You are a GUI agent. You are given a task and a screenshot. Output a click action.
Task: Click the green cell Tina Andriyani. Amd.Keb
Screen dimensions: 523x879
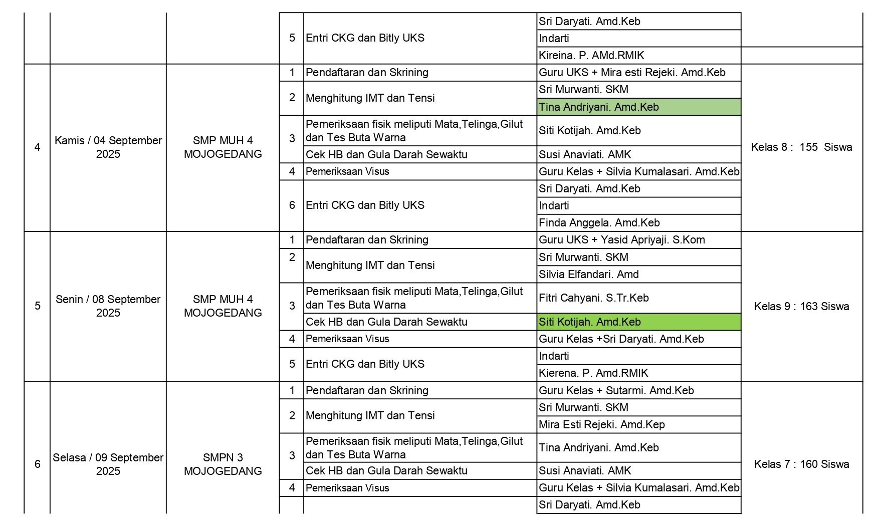tap(598, 107)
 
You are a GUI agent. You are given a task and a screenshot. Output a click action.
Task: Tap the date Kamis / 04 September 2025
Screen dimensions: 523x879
tap(108, 147)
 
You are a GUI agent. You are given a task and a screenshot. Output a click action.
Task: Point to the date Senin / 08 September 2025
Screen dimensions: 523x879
tap(108, 306)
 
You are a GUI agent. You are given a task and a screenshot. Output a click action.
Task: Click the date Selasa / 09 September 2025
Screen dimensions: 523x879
tap(108, 464)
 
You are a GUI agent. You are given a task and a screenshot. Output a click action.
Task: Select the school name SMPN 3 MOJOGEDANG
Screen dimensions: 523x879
tap(223, 464)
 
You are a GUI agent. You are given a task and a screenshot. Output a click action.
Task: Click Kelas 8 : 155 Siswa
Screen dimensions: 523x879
tap(801, 147)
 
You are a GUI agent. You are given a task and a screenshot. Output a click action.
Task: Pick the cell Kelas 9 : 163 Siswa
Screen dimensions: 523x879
tap(801, 306)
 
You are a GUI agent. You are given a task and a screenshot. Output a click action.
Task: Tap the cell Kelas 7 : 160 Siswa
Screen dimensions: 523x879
tap(801, 464)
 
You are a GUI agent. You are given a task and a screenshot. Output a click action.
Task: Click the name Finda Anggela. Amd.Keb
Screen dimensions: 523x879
tap(599, 222)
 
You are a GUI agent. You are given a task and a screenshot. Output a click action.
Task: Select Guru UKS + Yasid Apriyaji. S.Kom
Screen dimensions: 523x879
tap(621, 239)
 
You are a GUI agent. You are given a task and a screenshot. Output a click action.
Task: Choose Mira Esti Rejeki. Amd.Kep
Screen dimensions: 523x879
tap(601, 424)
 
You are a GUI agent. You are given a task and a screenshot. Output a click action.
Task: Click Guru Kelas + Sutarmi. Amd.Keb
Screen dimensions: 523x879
tap(616, 390)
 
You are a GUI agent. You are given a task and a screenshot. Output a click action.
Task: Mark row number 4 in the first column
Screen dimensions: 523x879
tap(37, 147)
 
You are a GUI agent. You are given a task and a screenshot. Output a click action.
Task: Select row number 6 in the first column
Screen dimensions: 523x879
tap(37, 464)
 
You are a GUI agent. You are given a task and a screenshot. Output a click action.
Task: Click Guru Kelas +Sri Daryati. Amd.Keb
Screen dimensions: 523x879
tap(621, 339)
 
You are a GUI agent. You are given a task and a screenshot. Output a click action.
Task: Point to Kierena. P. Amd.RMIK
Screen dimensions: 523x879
tap(593, 373)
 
